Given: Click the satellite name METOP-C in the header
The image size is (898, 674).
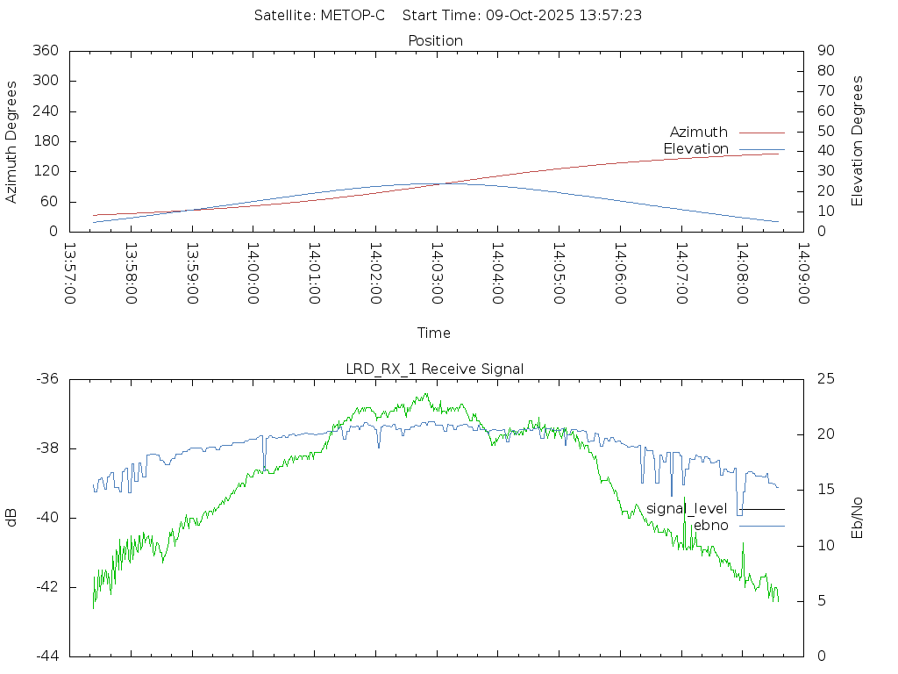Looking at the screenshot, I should [x=353, y=16].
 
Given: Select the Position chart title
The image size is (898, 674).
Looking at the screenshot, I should [x=436, y=40].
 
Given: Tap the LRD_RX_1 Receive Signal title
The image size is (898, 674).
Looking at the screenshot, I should [x=435, y=369].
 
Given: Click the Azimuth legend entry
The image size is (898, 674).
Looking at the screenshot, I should [x=699, y=132].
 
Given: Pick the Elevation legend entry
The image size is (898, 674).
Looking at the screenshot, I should [x=695, y=149].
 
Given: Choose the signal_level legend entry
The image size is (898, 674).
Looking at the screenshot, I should [x=687, y=509].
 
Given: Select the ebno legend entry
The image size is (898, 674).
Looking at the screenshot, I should [x=710, y=526].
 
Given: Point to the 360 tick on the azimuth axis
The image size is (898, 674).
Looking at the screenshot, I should [x=44, y=51].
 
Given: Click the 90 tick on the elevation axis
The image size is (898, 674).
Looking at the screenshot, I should [x=824, y=51].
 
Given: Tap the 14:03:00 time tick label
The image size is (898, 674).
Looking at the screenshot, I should [x=436, y=273].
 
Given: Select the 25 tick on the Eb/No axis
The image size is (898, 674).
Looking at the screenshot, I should [x=825, y=379].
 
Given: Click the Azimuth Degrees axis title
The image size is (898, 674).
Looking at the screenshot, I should [x=12, y=141].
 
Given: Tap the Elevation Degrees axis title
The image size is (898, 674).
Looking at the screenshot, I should [x=858, y=141].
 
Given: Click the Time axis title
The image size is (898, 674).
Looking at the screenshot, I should [x=434, y=333].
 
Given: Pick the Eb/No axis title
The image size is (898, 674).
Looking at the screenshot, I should [x=858, y=518].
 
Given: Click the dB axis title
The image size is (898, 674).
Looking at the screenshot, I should [x=12, y=518].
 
